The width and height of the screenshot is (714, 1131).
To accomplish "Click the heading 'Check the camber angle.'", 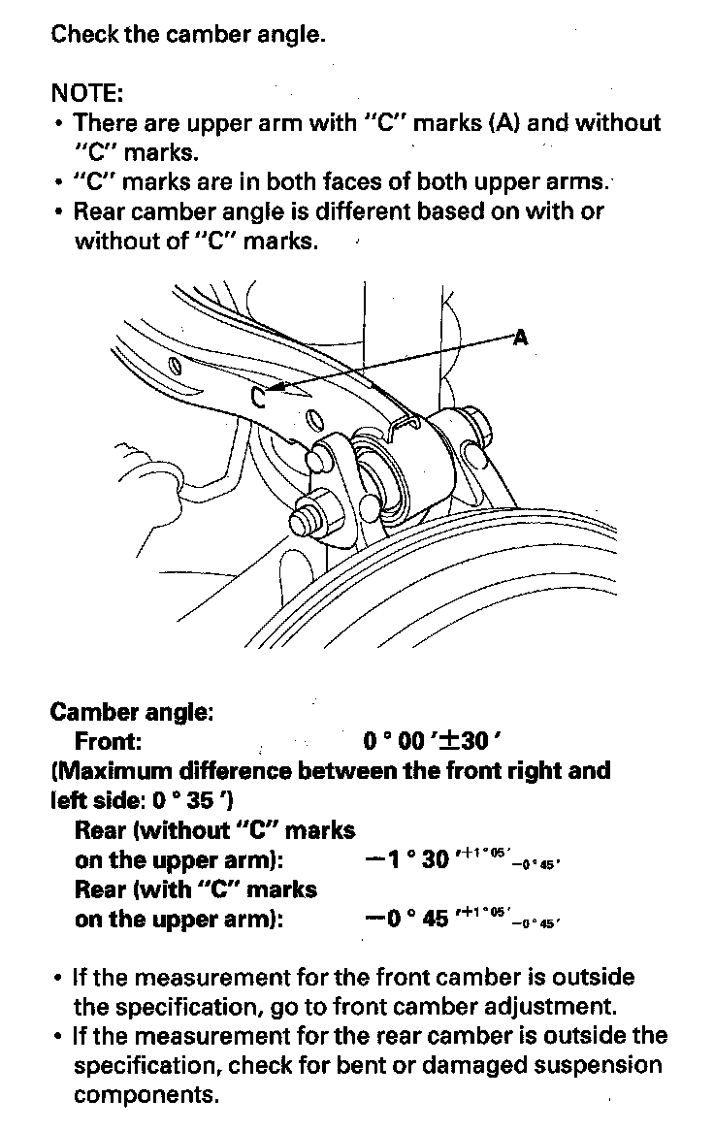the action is [187, 35].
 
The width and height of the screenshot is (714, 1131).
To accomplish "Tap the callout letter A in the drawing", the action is [520, 338].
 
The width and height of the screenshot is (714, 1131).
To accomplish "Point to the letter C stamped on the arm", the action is [256, 396].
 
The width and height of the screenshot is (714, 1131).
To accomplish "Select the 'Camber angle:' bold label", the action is [131, 712].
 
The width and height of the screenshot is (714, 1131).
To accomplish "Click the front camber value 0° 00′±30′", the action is [432, 742].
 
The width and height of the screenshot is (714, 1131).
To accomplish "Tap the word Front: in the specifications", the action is [109, 742].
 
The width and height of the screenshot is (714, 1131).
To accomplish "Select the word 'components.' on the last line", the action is [146, 1095].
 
